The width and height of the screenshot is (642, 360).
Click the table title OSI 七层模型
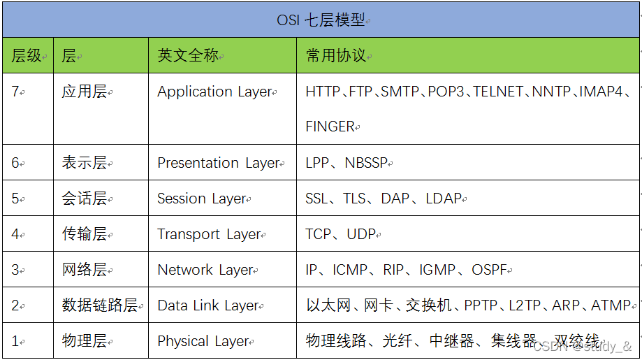point(321,20)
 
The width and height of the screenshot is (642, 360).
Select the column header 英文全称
point(188,56)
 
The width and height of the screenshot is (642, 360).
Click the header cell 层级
point(27,56)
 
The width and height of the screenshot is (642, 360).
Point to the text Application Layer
point(214,92)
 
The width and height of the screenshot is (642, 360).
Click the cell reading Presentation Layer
point(219,163)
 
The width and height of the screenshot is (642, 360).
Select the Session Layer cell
point(202,199)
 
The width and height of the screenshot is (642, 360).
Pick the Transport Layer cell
point(209,234)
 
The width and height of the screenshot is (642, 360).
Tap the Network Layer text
point(205,270)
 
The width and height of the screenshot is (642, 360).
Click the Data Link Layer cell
point(208,305)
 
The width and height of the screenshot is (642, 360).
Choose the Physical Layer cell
point(203,341)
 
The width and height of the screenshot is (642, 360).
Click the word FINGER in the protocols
point(330,127)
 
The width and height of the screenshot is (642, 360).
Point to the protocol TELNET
point(498,92)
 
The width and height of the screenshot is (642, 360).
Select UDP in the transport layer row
point(362,234)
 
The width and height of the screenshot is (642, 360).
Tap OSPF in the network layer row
point(489,270)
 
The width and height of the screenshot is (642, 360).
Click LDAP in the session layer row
point(444,199)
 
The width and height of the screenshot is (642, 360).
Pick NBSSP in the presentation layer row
point(365,163)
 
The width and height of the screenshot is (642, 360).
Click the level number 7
point(15,92)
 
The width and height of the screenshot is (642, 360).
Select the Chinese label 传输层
point(84,234)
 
